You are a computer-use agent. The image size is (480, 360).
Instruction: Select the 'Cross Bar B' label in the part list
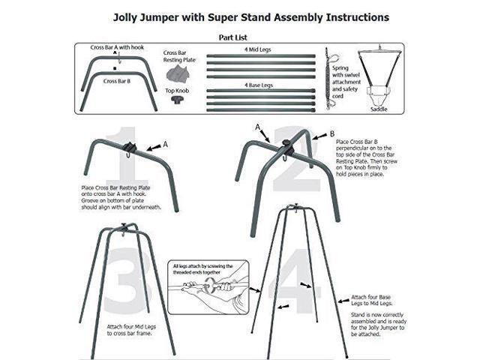116,80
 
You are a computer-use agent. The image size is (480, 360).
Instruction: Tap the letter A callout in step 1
166,142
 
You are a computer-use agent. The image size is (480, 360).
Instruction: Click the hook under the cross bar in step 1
130,154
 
